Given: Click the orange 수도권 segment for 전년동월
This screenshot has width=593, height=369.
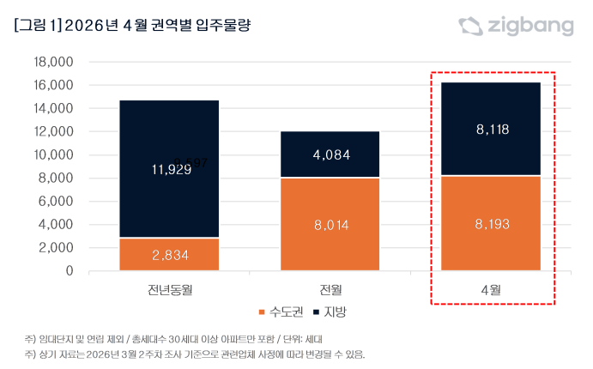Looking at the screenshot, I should pos(169,254).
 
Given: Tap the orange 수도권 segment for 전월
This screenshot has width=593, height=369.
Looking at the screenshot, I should pos(330,224).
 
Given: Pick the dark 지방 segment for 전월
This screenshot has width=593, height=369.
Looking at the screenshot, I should pos(330,154).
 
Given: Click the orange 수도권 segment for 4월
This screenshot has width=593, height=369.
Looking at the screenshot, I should pos(492,223).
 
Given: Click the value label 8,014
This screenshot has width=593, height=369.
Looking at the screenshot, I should pos(330,226).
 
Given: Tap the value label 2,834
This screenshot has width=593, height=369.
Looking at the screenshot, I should pos(169,256).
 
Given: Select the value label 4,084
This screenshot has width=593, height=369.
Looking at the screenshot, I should pos(330,155).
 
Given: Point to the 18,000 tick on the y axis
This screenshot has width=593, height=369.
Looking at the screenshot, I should pos(52,63).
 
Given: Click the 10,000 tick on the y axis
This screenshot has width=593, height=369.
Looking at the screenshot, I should pos(52,155).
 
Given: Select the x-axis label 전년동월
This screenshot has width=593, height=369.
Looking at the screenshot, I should pos(169,288).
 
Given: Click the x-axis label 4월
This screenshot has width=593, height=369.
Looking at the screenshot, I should pos(492,288).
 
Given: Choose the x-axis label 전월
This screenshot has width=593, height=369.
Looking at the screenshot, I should pos(330,288).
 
